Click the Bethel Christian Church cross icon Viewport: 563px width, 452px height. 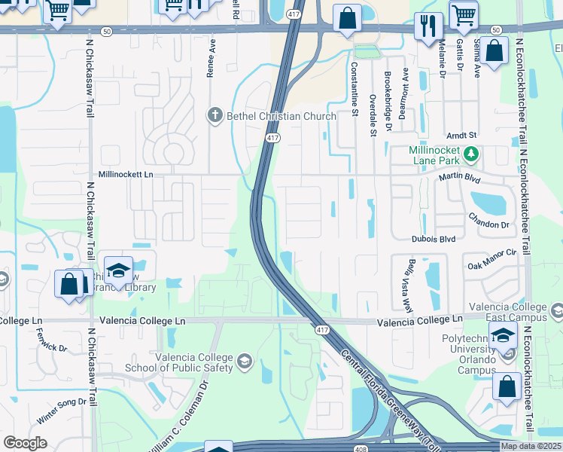click(215, 116)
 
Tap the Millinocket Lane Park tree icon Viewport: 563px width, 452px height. click(472, 154)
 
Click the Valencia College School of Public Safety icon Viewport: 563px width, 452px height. click(244, 363)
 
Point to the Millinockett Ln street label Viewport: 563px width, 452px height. click(126, 174)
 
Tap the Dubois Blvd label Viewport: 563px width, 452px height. click(434, 239)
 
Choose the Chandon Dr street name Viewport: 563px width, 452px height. click(488, 224)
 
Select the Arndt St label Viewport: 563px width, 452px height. click(461, 135)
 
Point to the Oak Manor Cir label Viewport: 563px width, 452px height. click(491, 259)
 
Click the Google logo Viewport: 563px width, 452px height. click(25, 443)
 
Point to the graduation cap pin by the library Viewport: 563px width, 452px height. click(119, 270)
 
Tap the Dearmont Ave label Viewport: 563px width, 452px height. click(405, 86)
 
